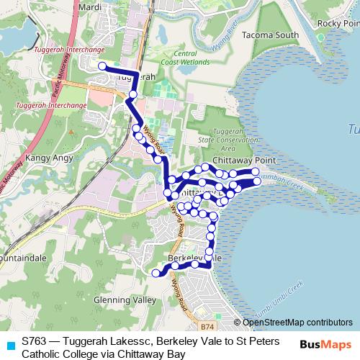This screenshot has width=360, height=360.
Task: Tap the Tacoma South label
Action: point(251,35)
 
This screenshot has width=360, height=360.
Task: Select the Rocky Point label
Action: point(338,24)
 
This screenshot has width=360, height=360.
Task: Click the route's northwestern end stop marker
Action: point(102,66)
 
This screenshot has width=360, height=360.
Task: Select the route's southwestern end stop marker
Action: point(154,273)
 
